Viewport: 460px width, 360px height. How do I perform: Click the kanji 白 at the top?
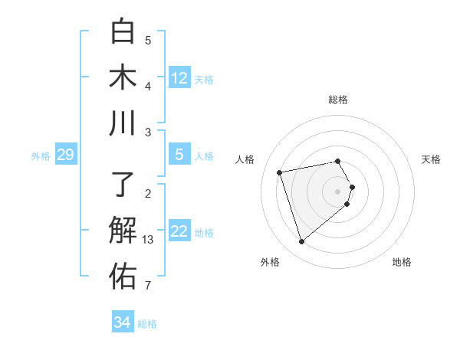(x=123, y=31)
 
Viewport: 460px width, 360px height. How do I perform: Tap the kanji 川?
(x=123, y=123)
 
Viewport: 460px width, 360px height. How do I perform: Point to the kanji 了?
(x=123, y=185)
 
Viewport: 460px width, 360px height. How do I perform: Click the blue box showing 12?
(x=179, y=78)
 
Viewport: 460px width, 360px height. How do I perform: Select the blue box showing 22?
(x=179, y=231)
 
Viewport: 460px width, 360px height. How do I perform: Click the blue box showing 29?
(x=65, y=155)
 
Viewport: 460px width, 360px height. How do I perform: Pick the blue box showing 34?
(x=122, y=322)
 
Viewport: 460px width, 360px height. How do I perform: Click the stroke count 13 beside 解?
(x=149, y=241)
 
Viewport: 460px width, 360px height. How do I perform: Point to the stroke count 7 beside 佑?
(x=148, y=286)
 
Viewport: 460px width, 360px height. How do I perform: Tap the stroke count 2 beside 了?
(x=148, y=194)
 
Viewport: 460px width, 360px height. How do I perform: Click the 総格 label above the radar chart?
(x=338, y=100)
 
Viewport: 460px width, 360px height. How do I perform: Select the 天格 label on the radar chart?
(x=432, y=159)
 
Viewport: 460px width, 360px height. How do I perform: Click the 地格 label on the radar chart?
(x=402, y=262)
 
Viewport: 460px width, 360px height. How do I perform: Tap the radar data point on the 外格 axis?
(x=301, y=242)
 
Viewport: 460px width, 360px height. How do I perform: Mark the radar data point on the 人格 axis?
(x=280, y=172)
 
